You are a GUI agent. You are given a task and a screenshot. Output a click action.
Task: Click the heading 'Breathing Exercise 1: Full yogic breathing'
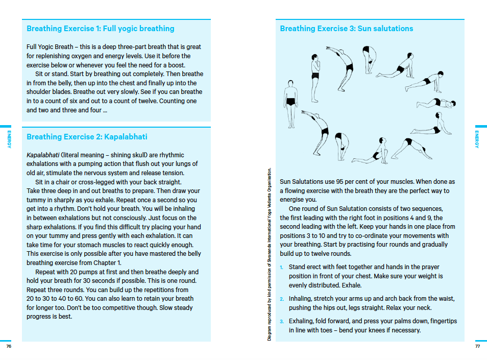tap(100, 29)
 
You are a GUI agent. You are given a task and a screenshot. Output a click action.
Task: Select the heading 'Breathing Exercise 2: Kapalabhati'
tap(87, 137)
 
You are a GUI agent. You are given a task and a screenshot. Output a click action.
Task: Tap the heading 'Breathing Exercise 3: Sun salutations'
tap(346, 29)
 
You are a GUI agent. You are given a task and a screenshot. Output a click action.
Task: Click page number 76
tap(9, 346)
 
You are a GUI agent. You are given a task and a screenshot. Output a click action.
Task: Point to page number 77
tap(477, 346)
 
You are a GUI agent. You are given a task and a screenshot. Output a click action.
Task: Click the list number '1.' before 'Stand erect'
tap(282, 267)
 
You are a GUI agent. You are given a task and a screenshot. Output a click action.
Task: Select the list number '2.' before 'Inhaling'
tap(282, 299)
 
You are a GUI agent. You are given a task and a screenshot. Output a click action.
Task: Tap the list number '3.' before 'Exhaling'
tap(282, 321)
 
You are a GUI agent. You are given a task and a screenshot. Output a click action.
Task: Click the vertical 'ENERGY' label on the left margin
tap(9, 139)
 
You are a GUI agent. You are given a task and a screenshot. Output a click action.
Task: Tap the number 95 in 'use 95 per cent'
tap(341, 182)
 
